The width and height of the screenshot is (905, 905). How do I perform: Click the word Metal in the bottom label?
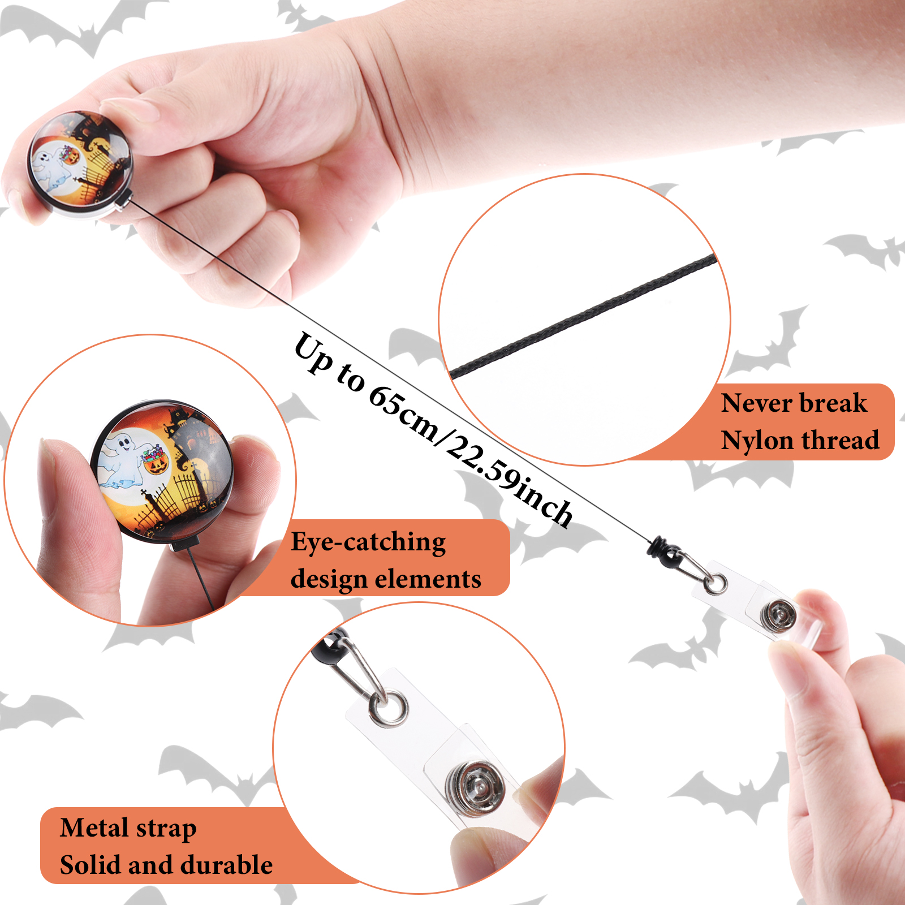(x=94, y=828)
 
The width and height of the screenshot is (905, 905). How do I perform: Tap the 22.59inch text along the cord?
(x=509, y=482)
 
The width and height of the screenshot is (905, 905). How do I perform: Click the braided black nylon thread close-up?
(x=583, y=317)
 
